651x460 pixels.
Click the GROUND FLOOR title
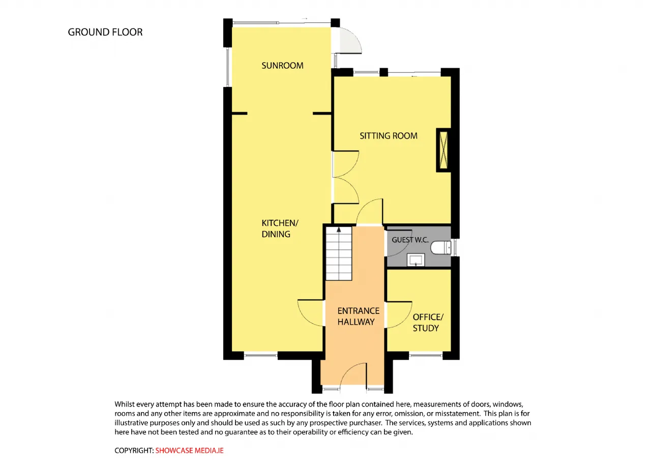(105, 32)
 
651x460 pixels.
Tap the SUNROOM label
(282, 66)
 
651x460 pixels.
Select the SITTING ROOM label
(389, 136)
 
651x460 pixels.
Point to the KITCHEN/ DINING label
(280, 228)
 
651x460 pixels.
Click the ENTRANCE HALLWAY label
(359, 317)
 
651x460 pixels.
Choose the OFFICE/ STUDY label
(428, 323)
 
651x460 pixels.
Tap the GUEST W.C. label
(410, 240)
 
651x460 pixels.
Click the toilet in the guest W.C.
(441, 248)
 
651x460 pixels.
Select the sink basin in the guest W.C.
(416, 260)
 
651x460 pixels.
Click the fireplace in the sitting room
(443, 150)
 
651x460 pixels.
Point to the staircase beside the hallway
(339, 253)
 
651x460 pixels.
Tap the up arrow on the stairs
(339, 229)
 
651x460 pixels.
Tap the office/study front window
(426, 355)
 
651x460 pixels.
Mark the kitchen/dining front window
(261, 355)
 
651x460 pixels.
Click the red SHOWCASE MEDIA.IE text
(190, 450)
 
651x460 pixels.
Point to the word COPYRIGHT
(133, 450)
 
